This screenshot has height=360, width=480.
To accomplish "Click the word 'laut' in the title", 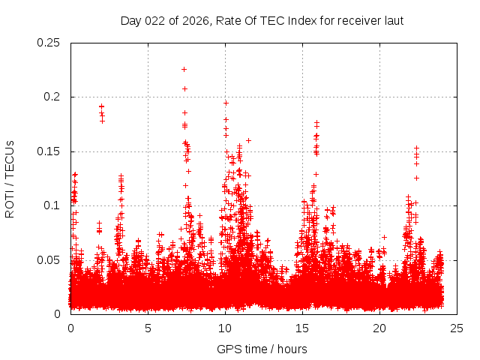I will [394, 21].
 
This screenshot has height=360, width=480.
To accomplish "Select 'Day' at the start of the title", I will [130, 21].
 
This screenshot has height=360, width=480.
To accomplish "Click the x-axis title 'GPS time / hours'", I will [262, 349].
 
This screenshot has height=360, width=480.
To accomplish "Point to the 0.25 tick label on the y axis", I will [49, 43].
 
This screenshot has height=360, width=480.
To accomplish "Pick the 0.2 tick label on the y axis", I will [53, 97].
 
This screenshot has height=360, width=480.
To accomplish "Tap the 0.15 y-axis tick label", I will [49, 151].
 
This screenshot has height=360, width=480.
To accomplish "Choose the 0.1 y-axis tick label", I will [53, 205].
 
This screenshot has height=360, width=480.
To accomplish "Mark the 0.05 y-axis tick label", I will [49, 260].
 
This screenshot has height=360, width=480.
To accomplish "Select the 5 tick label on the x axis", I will [148, 328].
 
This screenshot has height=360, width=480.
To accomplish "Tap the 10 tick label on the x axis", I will [226, 328].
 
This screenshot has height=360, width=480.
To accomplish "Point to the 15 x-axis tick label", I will [303, 328].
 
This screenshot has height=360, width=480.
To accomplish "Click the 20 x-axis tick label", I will [380, 328].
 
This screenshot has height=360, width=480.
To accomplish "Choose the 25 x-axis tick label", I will [457, 328].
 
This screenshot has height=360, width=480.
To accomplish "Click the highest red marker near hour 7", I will [184, 69].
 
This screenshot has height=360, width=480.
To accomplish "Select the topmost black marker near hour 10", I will [226, 103].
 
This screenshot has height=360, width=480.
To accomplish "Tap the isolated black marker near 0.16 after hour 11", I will [248, 140].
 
